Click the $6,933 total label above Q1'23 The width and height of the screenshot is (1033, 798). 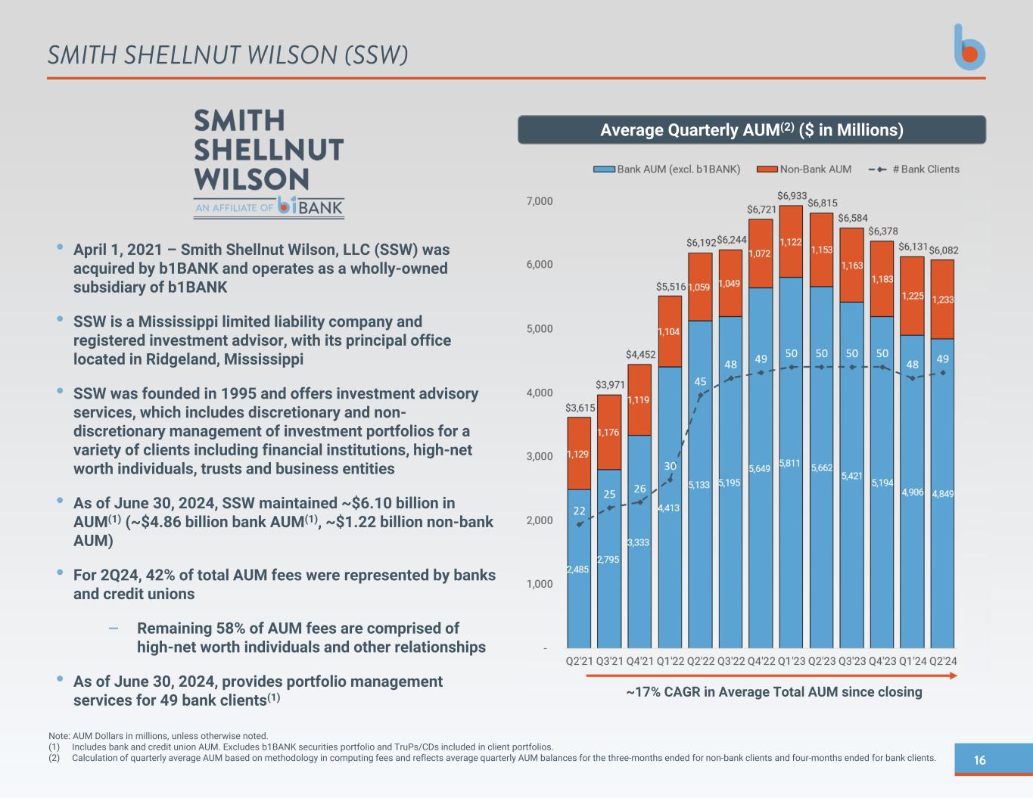[x=792, y=196]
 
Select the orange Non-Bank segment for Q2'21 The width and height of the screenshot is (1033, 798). [x=579, y=454]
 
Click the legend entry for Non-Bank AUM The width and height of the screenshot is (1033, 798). [x=804, y=169]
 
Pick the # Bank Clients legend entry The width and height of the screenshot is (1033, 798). [x=914, y=169]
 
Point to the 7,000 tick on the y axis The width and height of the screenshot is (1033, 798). [x=539, y=201]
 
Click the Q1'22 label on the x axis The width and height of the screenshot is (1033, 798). [x=670, y=661]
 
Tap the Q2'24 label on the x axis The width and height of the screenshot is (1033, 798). [x=942, y=661]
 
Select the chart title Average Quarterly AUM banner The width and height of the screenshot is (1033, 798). [x=751, y=130]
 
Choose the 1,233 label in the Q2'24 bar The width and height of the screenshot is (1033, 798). [x=942, y=300]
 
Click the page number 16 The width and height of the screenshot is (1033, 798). [x=980, y=760]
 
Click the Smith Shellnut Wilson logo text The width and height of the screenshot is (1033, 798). [x=269, y=150]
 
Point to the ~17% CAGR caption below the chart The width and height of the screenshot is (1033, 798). [x=774, y=692]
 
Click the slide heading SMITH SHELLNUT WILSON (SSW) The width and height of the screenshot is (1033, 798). [x=228, y=55]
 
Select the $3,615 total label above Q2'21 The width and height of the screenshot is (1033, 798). [x=580, y=408]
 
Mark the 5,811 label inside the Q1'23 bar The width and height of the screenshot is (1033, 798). [x=791, y=463]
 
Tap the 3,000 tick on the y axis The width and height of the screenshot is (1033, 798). [x=539, y=456]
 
